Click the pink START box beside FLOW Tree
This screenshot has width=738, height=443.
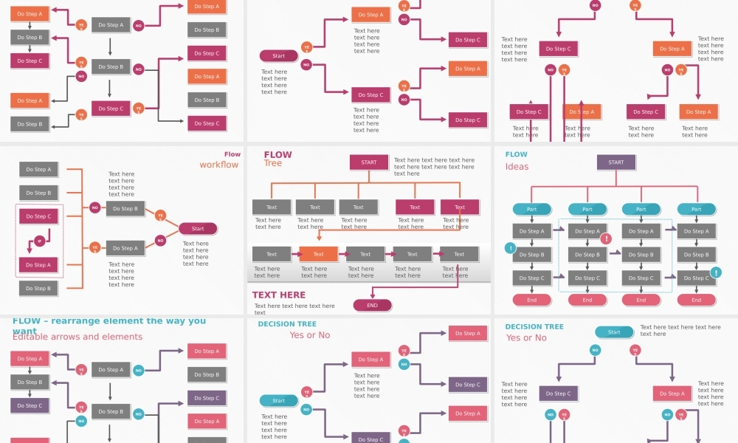pyautogui.click(x=369, y=162)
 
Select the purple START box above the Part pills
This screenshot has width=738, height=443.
pyautogui.click(x=615, y=162)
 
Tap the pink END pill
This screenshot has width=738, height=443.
pyautogui.click(x=372, y=305)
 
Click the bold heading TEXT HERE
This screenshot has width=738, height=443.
pyautogui.click(x=279, y=295)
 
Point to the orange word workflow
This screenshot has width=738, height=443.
pyautogui.click(x=219, y=165)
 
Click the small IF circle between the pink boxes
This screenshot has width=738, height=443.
pyautogui.click(x=39, y=241)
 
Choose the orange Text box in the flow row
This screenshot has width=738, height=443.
pyautogui.click(x=318, y=254)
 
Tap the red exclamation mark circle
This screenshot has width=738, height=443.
pyautogui.click(x=606, y=238)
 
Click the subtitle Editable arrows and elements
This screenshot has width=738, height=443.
pyautogui.click(x=77, y=337)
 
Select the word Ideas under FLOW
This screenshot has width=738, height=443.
pyautogui.click(x=517, y=167)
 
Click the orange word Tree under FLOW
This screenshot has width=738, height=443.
pyautogui.click(x=273, y=163)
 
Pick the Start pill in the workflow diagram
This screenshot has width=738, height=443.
pyautogui.click(x=198, y=229)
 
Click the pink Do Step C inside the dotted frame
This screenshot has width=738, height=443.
pyautogui.click(x=39, y=216)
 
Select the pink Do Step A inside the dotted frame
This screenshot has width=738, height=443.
pyautogui.click(x=39, y=265)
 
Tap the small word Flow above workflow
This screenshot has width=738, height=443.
pyautogui.click(x=232, y=154)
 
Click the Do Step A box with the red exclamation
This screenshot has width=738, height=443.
pyautogui.click(x=587, y=231)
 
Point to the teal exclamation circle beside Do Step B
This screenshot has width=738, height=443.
pyautogui.click(x=510, y=248)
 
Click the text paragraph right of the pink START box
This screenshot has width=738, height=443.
pyautogui.click(x=434, y=167)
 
